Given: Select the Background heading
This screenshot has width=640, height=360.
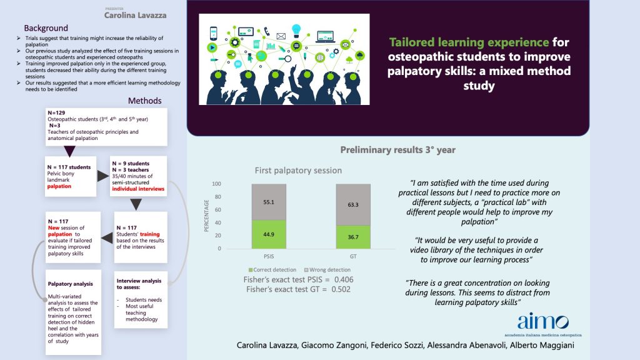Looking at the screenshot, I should tap(46, 28).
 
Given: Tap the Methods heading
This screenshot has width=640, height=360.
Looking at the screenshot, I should tap(145, 101).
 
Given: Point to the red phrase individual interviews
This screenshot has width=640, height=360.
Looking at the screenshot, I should tap(137, 188).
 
